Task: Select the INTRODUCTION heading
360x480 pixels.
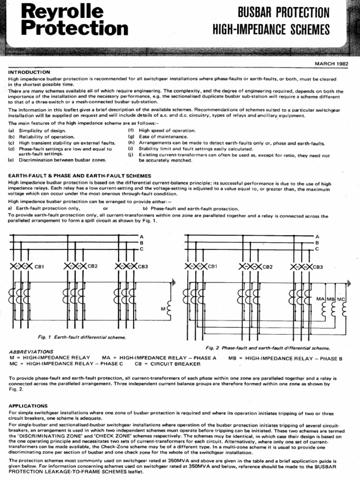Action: [x=29, y=72]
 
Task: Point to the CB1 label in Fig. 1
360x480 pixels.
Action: [x=39, y=267]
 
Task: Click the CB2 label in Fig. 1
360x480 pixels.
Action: [x=92, y=266]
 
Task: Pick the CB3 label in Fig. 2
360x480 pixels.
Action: [x=318, y=267]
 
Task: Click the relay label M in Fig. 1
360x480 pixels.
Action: [x=163, y=309]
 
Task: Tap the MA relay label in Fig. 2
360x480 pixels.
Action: [x=321, y=298]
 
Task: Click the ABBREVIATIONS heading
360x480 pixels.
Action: [x=31, y=351]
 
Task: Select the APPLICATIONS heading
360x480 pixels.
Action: [x=28, y=405]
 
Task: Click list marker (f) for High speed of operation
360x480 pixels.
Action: [x=131, y=130]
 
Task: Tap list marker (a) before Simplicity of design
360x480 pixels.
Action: [x=12, y=130]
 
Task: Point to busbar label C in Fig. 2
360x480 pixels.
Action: [x=317, y=249]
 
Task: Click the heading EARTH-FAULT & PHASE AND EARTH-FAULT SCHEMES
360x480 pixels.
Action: [x=80, y=175]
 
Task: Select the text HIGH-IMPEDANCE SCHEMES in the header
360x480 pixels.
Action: [x=271, y=30]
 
